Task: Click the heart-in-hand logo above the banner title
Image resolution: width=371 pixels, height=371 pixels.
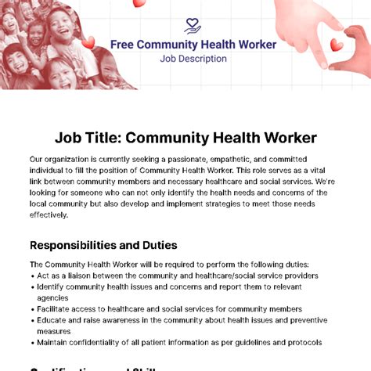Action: click(193, 27)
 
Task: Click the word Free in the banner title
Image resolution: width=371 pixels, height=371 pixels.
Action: click(121, 45)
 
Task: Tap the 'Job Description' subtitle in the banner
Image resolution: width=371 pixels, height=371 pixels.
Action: click(193, 59)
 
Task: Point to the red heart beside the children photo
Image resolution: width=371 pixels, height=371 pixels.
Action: click(88, 42)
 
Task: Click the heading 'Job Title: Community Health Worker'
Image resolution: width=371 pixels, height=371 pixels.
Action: click(185, 138)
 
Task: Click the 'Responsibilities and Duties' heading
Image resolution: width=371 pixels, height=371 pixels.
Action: click(103, 245)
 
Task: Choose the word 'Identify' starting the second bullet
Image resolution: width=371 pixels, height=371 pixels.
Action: click(53, 286)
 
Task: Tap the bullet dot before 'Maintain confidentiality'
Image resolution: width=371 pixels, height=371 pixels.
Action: click(32, 343)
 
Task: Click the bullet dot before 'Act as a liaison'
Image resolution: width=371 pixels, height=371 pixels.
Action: click(32, 276)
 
